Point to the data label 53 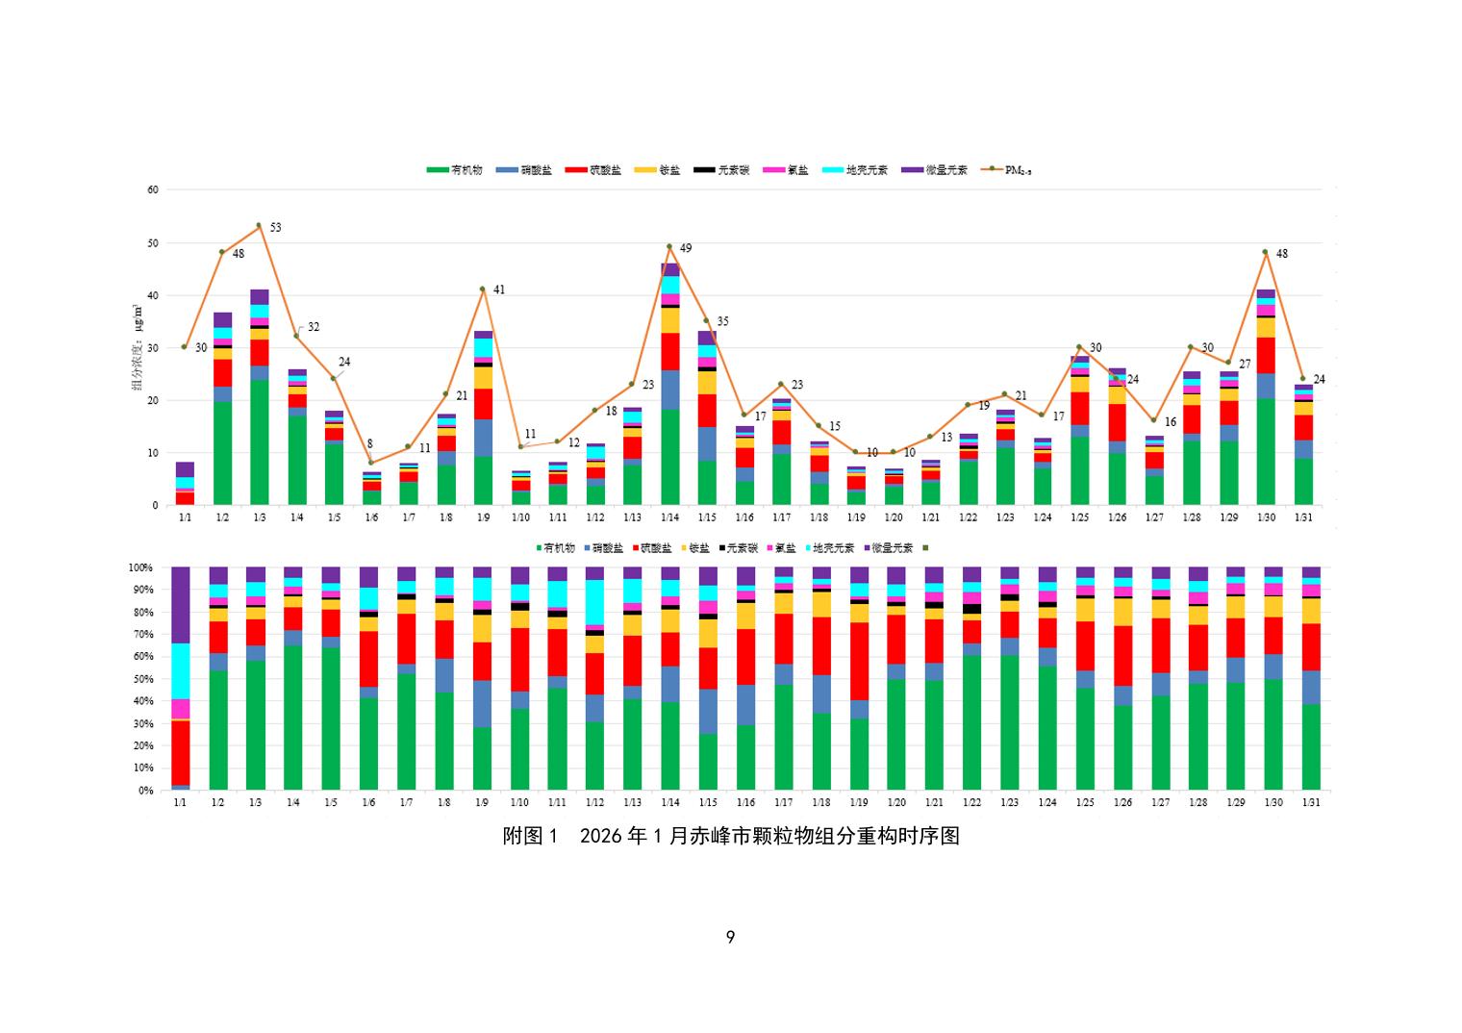[x=275, y=228]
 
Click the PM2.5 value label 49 [x=686, y=248]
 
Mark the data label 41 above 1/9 [x=499, y=290]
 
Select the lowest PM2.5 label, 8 [x=369, y=444]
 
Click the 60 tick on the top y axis [x=153, y=189]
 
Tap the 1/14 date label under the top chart [x=669, y=518]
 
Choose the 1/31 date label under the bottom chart [x=1310, y=803]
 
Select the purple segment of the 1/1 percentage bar [x=180, y=604]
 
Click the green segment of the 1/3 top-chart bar [x=260, y=442]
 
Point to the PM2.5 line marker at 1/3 [x=259, y=225]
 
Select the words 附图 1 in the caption [x=530, y=836]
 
